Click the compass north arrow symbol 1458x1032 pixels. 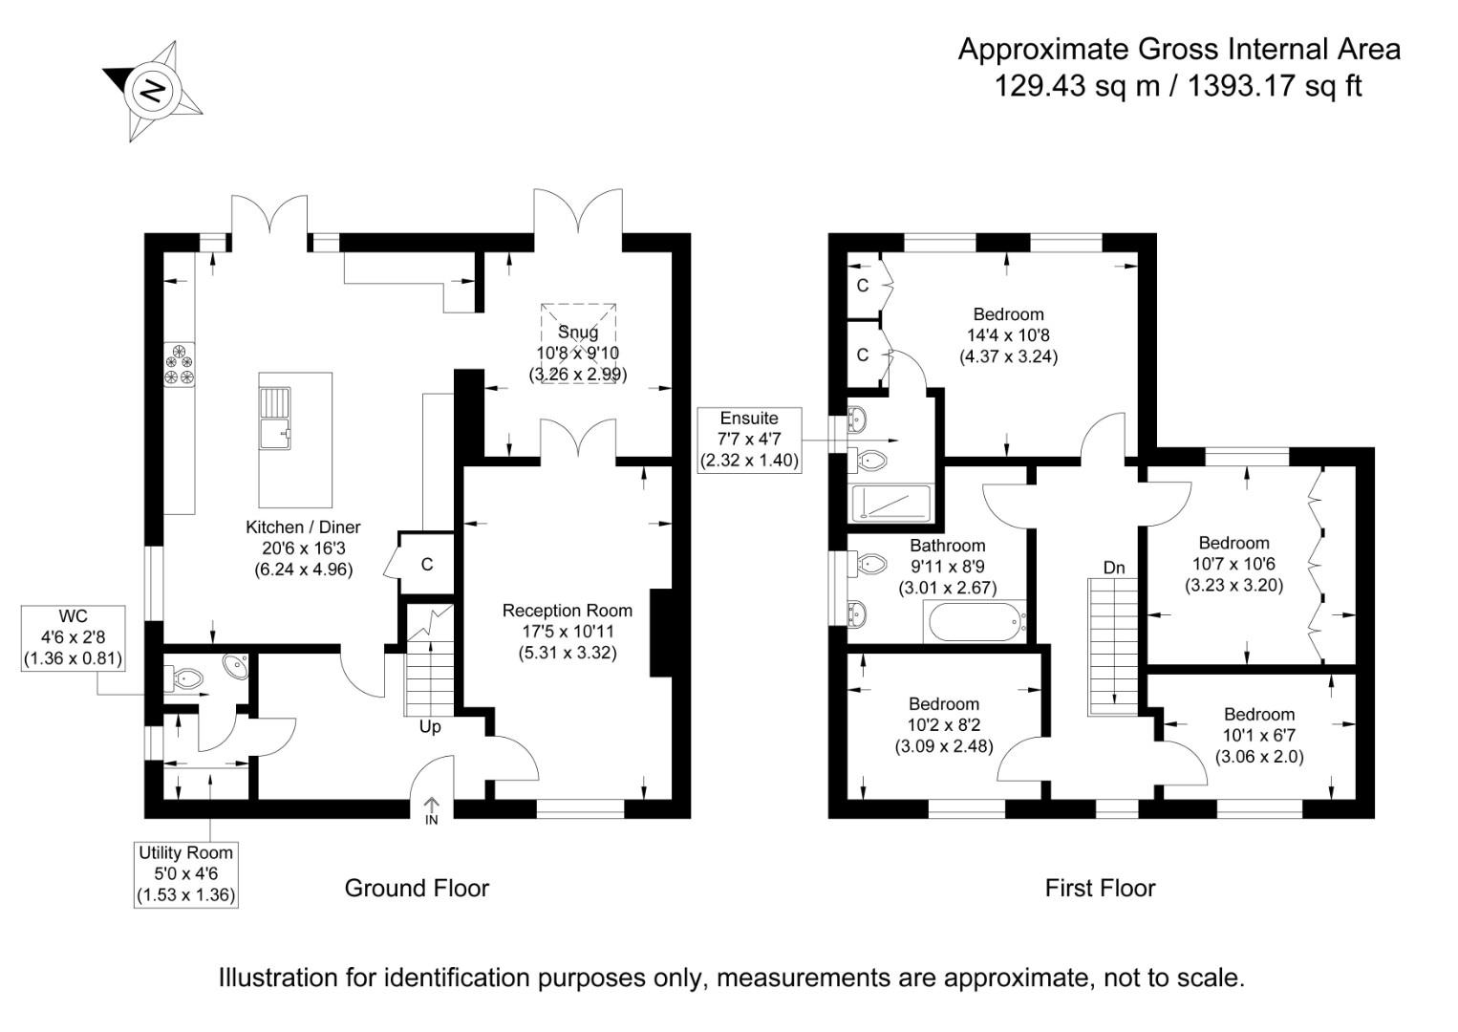pyautogui.click(x=153, y=91)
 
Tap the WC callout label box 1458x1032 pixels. pyautogui.click(x=73, y=637)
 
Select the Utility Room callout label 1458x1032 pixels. pyautogui.click(x=185, y=873)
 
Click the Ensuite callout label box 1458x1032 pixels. pyautogui.click(x=749, y=440)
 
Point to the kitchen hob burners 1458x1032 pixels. pyautogui.click(x=179, y=365)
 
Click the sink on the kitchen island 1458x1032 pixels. pyautogui.click(x=277, y=419)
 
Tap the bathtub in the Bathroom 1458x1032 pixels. pyautogui.click(x=972, y=622)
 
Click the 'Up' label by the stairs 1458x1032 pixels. pyautogui.click(x=430, y=727)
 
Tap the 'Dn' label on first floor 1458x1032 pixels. pyautogui.click(x=1114, y=568)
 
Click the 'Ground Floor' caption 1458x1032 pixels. pyautogui.click(x=417, y=889)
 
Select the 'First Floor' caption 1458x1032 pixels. pyautogui.click(x=1100, y=889)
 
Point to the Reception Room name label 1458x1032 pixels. pyautogui.click(x=568, y=611)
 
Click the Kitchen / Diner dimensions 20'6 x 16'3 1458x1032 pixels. pyautogui.click(x=303, y=548)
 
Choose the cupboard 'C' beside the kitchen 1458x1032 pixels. pyautogui.click(x=426, y=565)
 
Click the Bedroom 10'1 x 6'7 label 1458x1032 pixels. pyautogui.click(x=1259, y=715)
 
